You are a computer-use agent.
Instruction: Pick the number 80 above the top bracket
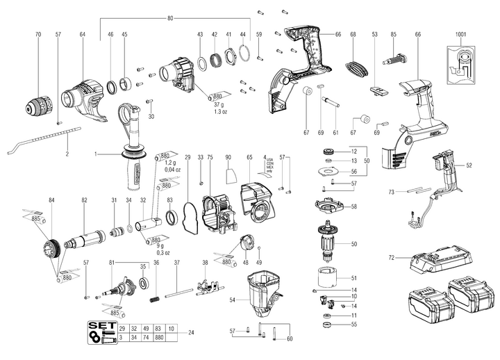171,17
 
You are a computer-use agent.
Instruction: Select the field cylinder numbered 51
326,277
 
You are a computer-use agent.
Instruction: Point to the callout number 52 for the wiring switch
488,165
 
